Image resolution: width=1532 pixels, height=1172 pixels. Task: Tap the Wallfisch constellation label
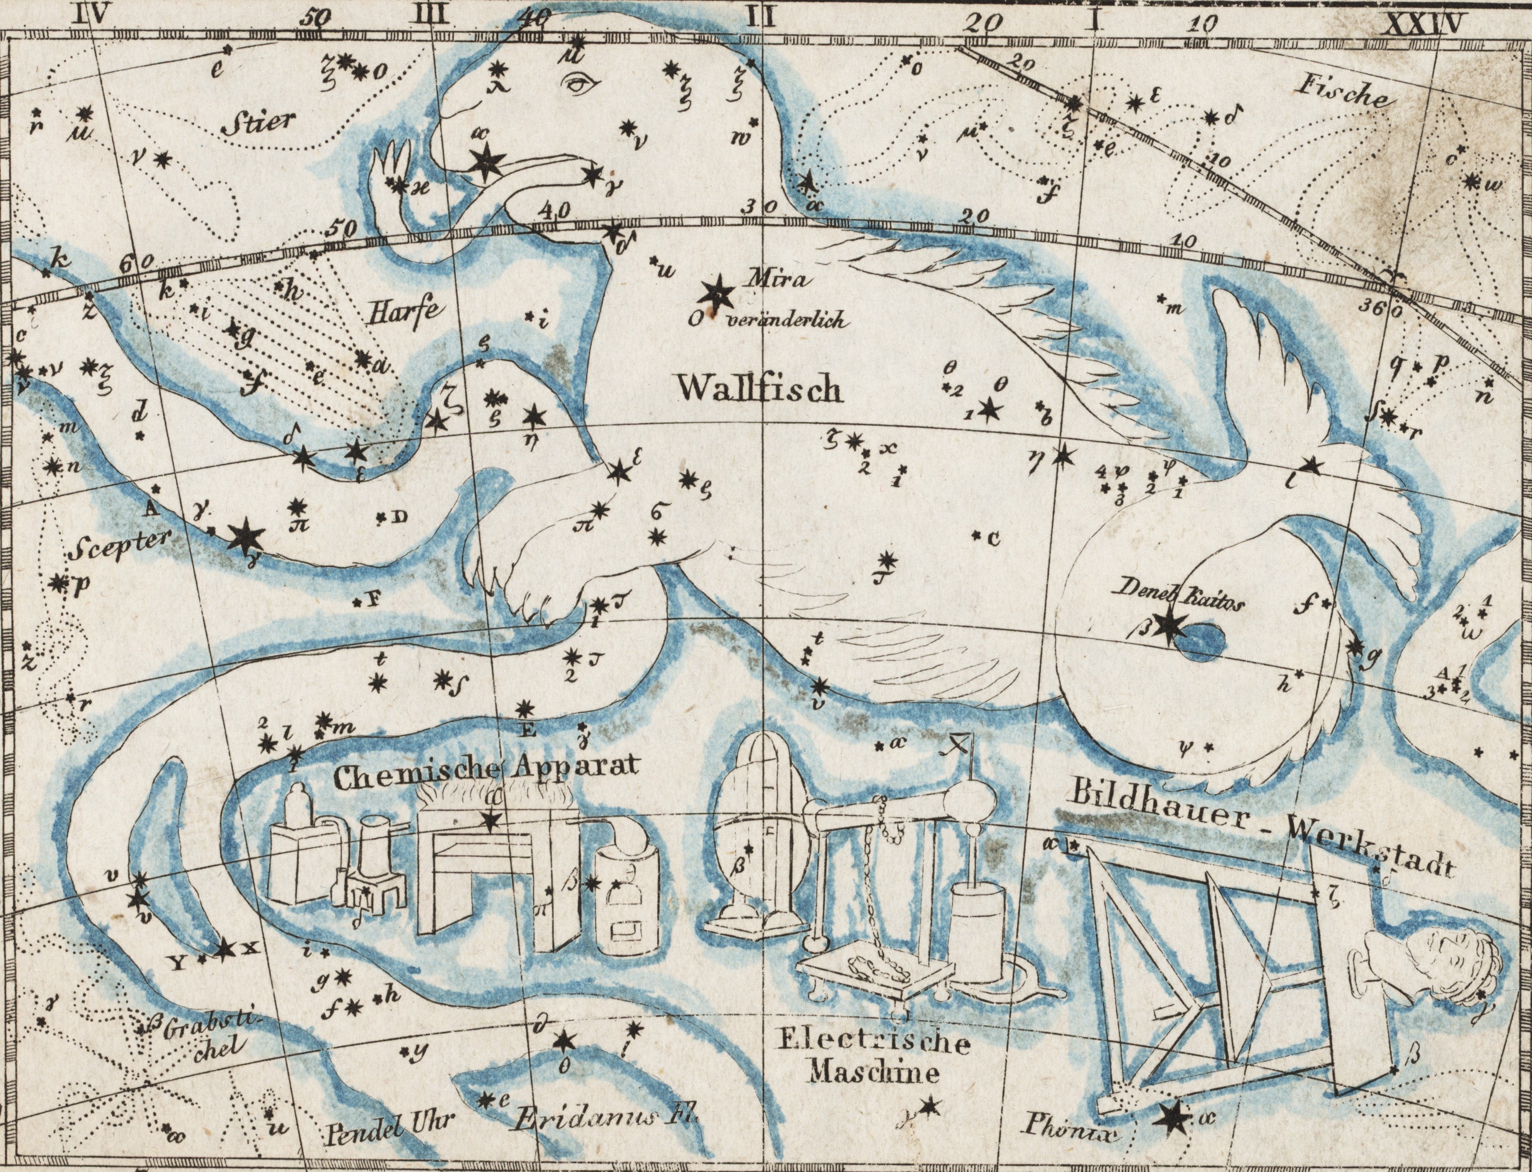coord(761,388)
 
